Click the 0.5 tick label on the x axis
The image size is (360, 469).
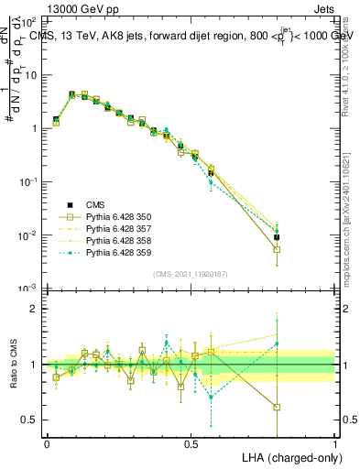(191, 442)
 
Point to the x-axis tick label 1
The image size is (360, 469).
(334, 442)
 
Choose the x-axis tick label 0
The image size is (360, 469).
(47, 442)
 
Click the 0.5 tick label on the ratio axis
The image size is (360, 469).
(28, 420)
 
